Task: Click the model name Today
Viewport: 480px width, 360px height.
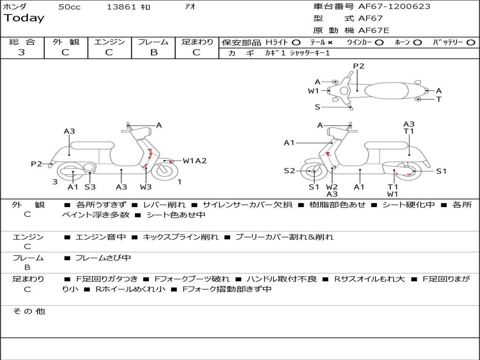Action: point(24,18)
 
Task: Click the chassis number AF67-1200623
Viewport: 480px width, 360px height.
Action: point(394,6)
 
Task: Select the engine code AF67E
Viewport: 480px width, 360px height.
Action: point(374,30)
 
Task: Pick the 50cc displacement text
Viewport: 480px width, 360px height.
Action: point(69,7)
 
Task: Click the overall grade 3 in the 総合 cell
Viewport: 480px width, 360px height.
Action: point(22,52)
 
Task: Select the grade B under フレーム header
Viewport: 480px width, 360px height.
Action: point(154,52)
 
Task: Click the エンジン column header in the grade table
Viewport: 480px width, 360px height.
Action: point(109,42)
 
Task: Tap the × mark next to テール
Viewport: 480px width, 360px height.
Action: point(330,43)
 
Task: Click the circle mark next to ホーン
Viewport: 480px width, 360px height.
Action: point(417,43)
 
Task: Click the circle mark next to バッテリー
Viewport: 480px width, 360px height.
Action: point(471,43)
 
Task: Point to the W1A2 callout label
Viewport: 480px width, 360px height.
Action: point(195,161)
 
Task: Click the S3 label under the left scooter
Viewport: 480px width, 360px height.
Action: point(90,187)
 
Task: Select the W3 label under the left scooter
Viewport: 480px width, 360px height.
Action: point(146,187)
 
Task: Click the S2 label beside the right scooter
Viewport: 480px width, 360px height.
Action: point(289,171)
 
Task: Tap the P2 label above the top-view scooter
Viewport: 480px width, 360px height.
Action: point(359,66)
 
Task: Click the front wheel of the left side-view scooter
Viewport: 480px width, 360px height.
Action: point(165,171)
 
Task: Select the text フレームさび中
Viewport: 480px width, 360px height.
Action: point(103,258)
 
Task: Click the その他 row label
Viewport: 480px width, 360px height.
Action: point(29,311)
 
